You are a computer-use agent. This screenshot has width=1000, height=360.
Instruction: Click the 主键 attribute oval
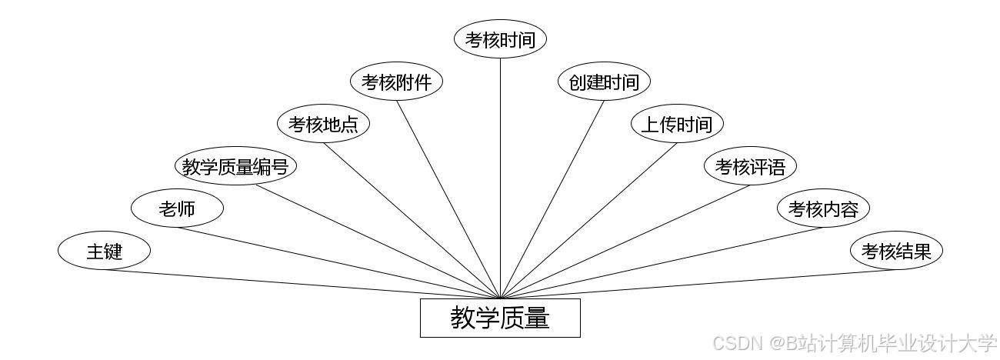pyautogui.click(x=104, y=251)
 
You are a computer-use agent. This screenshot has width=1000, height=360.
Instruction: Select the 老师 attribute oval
pyautogui.click(x=177, y=208)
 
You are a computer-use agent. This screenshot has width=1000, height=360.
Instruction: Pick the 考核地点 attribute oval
pyautogui.click(x=323, y=124)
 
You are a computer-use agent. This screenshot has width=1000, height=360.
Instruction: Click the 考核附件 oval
pyautogui.click(x=396, y=82)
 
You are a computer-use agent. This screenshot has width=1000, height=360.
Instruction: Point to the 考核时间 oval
pyautogui.click(x=500, y=39)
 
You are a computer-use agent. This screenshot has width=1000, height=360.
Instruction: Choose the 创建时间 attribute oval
pyautogui.click(x=604, y=82)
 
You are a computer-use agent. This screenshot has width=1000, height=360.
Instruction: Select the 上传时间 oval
pyautogui.click(x=677, y=124)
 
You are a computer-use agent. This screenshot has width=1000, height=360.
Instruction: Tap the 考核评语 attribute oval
pyautogui.click(x=750, y=166)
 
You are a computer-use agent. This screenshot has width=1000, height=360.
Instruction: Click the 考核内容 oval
pyautogui.click(x=823, y=208)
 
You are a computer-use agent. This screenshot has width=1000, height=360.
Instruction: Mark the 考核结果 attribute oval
pyautogui.click(x=896, y=251)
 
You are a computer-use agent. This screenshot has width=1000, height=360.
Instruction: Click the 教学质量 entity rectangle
pyautogui.click(x=500, y=318)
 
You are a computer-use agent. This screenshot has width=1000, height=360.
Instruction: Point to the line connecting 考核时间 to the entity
pyautogui.click(x=500, y=177)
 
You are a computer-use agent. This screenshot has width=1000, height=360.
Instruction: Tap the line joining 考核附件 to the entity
pyautogui.click(x=448, y=198)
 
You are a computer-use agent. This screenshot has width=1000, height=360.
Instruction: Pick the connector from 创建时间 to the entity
pyautogui.click(x=552, y=198)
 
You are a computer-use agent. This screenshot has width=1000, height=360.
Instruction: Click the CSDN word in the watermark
pyautogui.click(x=736, y=343)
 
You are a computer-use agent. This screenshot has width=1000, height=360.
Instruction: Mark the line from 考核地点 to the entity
pyautogui.click(x=412, y=220)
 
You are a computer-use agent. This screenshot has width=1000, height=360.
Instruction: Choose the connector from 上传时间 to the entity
pyautogui.click(x=588, y=220)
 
